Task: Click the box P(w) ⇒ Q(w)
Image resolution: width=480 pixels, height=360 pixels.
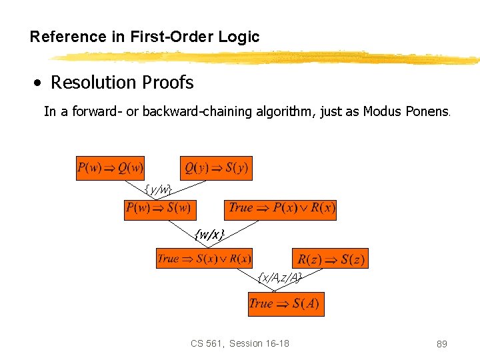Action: [x=111, y=168]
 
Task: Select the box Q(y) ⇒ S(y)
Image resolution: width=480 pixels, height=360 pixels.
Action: [x=216, y=168]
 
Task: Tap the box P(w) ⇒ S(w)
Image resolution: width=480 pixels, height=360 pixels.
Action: [x=159, y=208]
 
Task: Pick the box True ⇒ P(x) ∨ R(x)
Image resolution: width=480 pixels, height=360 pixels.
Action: [x=281, y=208]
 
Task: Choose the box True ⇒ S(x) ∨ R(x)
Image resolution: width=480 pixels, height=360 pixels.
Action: [x=204, y=259]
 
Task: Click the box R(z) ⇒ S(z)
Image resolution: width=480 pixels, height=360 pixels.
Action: [x=330, y=259]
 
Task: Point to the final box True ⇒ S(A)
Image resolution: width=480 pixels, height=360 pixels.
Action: [x=286, y=304]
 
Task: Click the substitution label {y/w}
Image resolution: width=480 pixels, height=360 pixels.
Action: [x=159, y=189]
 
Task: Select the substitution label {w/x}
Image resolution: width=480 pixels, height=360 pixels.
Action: [x=209, y=234]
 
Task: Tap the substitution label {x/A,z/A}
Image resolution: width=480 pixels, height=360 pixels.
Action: [x=280, y=277]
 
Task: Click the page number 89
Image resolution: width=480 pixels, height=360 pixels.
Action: [x=441, y=344]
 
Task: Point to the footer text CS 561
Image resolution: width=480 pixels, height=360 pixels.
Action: [x=206, y=343]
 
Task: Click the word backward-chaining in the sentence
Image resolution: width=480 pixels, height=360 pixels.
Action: [x=197, y=112]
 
